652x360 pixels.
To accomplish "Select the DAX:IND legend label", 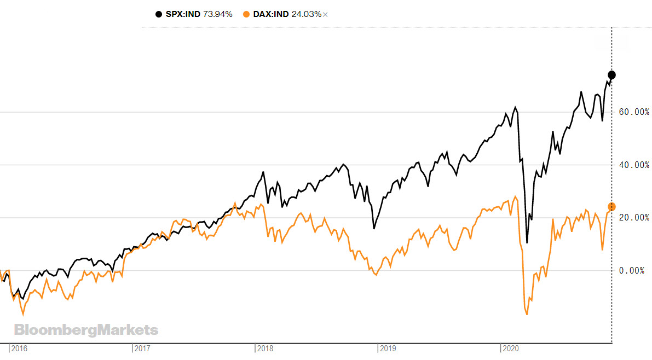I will tap(271, 14).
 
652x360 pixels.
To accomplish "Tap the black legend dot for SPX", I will tap(159, 14).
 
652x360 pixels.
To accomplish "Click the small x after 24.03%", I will tap(325, 15).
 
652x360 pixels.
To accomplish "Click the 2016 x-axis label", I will tap(20, 348).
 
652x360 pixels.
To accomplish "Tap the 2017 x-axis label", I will tap(142, 348).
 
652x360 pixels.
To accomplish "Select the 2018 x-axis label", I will tap(266, 348).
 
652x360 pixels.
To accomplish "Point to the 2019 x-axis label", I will tap(388, 348).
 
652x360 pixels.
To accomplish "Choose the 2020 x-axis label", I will tap(511, 348).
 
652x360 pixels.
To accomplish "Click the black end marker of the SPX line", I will tap(612, 75).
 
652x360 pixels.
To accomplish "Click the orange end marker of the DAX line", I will tap(612, 207).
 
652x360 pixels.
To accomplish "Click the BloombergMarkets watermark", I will tap(86, 330).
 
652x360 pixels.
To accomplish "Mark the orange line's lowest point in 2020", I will tap(527, 315).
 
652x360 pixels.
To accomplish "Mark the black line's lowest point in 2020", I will tap(527, 242).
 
